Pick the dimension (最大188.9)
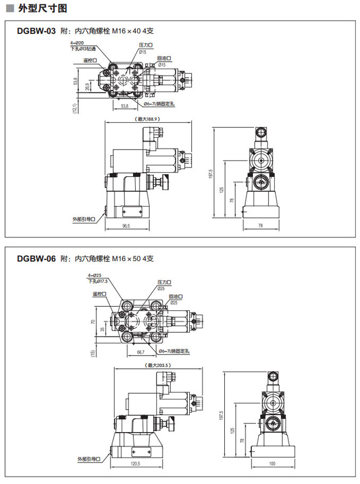pyautogui.click(x=148, y=119)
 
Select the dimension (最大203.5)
pyautogui.click(x=158, y=365)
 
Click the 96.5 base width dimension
pyautogui.click(x=127, y=226)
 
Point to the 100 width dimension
pyautogui.click(x=272, y=463)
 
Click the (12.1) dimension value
pyautogui.click(x=75, y=108)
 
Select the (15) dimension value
pyautogui.click(x=93, y=353)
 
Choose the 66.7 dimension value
pyautogui.click(x=140, y=352)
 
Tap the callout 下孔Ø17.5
pyautogui.click(x=98, y=281)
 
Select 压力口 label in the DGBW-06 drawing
pyautogui.click(x=164, y=283)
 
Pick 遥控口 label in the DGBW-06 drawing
pyautogui.click(x=99, y=294)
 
